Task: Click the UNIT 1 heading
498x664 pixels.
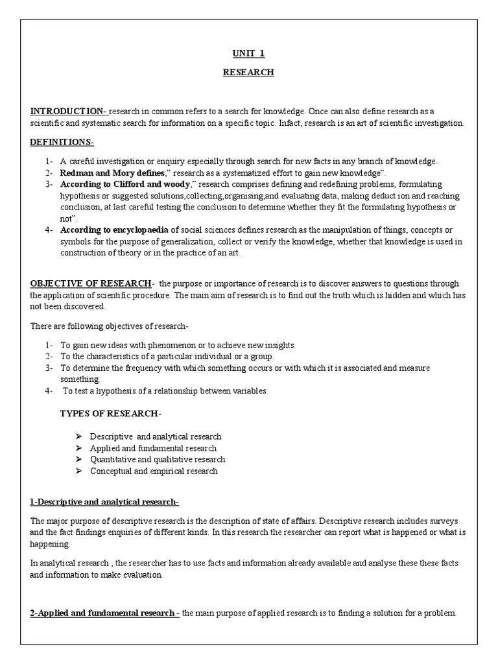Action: (248, 53)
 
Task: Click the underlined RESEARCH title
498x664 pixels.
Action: (248, 73)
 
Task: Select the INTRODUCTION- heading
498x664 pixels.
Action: (69, 111)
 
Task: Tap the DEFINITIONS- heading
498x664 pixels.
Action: (62, 142)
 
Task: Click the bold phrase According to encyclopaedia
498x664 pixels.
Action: (115, 230)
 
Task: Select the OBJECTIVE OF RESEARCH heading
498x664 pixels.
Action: (90, 283)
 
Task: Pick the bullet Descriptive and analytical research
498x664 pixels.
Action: (155, 436)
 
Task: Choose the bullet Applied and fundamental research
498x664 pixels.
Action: (153, 448)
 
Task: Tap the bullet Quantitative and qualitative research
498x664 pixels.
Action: (158, 460)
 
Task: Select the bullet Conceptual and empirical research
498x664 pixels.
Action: (154, 471)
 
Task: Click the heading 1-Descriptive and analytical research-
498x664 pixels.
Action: (104, 502)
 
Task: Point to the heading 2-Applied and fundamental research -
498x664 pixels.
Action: (105, 613)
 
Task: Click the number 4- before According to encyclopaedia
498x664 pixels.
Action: (49, 230)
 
